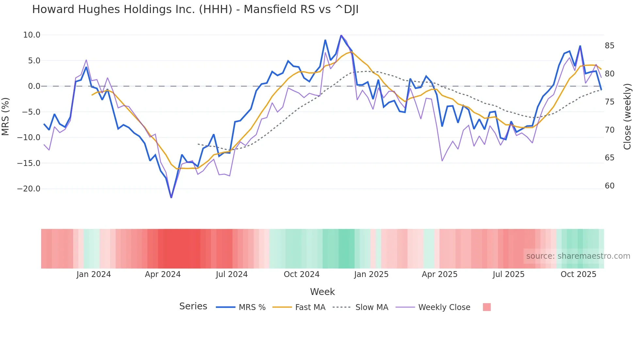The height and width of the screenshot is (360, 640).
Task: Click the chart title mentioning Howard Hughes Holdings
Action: point(195,9)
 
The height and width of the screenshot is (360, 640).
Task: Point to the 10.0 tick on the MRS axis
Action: point(32,35)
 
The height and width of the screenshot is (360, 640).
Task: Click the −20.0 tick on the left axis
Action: point(29,189)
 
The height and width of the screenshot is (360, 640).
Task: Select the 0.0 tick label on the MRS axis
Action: point(34,86)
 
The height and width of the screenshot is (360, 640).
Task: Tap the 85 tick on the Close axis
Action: point(609,46)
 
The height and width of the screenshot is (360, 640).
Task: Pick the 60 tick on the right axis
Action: point(609,186)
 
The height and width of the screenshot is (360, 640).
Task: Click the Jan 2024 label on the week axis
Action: point(94,274)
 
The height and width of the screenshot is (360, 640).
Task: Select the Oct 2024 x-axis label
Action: point(301,274)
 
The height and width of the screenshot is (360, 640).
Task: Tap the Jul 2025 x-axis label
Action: point(508,274)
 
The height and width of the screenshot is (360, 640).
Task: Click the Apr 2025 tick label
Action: point(440,274)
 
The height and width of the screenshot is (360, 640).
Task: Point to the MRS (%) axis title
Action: point(6,116)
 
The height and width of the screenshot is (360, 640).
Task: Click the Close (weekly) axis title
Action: point(627,116)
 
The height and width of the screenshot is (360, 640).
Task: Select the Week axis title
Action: point(322,292)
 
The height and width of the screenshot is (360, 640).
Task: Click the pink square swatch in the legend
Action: point(487,307)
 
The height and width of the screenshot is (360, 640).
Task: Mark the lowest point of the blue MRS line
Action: point(171,197)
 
